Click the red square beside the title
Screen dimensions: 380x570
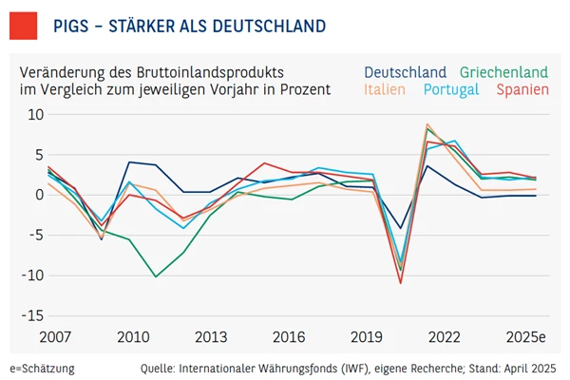click(x=24, y=24)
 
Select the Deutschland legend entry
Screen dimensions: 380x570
click(x=405, y=72)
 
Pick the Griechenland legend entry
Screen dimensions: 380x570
click(x=504, y=72)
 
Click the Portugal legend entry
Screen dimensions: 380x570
click(x=452, y=90)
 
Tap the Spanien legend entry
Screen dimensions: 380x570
click(x=523, y=90)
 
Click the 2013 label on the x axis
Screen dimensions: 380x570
click(x=211, y=338)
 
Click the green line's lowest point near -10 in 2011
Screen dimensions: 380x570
click(x=157, y=276)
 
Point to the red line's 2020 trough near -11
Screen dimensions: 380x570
click(x=401, y=283)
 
